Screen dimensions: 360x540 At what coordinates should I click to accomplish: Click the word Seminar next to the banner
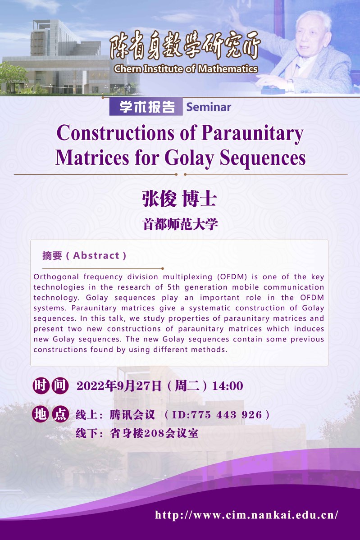click(x=209, y=107)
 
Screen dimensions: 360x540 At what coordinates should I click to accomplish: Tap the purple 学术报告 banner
click(x=146, y=107)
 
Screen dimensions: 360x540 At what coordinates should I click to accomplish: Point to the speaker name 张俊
click(x=159, y=199)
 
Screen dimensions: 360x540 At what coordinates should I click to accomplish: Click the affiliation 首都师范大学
click(x=180, y=224)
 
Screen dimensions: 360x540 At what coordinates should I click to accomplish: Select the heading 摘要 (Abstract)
click(x=84, y=255)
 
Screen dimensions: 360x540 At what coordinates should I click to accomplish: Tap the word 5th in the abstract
click(x=173, y=287)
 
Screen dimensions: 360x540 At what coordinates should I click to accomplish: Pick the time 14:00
click(x=228, y=386)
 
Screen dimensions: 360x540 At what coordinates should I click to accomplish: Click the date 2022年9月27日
click(x=119, y=386)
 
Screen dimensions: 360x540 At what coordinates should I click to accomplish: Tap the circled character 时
click(x=41, y=386)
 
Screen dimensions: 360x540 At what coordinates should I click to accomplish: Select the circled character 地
click(x=41, y=414)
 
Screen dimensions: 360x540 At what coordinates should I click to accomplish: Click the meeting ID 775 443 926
click(x=226, y=415)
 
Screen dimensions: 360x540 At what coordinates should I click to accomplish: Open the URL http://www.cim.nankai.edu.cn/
click(x=246, y=515)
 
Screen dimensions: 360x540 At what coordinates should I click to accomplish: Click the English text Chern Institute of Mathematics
click(x=186, y=69)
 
